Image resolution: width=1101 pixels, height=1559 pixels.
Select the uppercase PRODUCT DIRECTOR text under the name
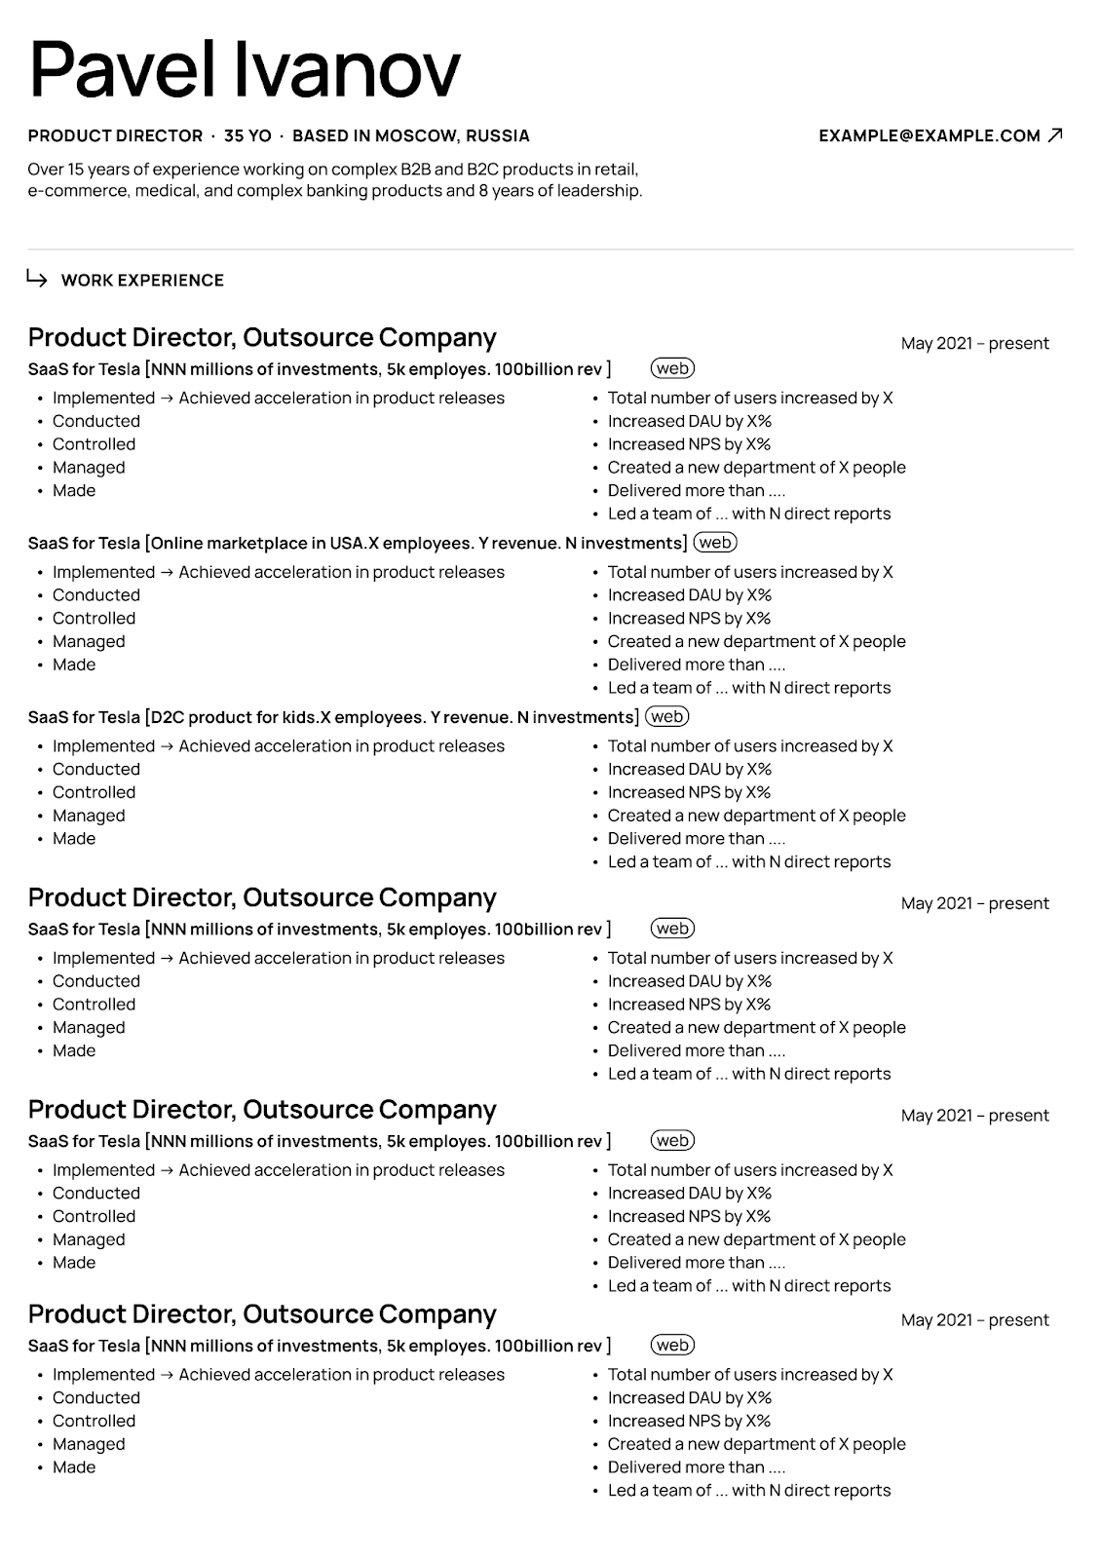pos(115,135)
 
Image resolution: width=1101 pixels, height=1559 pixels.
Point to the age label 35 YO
pos(247,135)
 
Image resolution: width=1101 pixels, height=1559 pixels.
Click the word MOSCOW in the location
pos(416,135)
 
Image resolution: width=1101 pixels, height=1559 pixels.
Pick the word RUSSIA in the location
pos(498,135)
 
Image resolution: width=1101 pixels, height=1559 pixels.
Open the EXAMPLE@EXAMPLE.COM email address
pos(929,135)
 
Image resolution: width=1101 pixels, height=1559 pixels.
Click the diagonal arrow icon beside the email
pos(1054,135)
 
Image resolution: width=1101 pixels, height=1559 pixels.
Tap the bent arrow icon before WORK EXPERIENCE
pos(37,280)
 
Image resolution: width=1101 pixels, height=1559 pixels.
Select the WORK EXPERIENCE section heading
pos(142,281)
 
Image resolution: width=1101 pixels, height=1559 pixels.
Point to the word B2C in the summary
pos(485,169)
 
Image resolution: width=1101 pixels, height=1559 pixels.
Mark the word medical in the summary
pos(167,191)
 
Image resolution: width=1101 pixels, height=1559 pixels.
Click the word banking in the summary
pos(325,191)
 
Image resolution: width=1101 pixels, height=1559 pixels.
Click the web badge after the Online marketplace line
pos(715,543)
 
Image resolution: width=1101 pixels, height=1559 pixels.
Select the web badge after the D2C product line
pos(667,717)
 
